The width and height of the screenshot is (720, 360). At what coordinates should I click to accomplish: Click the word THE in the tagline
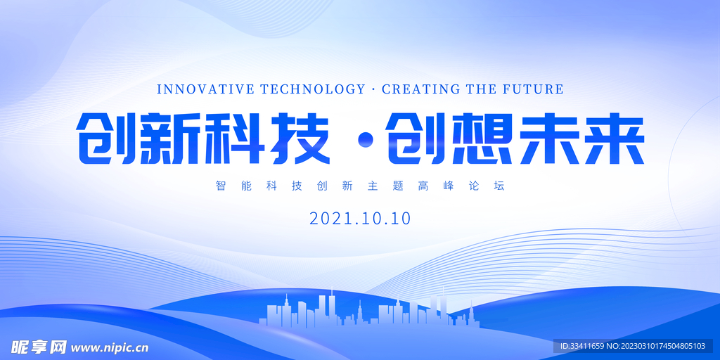click(x=482, y=89)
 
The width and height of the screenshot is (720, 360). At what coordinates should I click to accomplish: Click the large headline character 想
click(x=477, y=140)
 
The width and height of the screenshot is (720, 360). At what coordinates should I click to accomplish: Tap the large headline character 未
click(x=543, y=140)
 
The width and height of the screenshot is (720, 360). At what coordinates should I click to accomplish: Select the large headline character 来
click(x=610, y=140)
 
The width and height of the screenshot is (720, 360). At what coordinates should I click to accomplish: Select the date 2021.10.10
click(x=360, y=218)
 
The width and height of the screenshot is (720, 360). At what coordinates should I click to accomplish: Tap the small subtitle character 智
click(x=221, y=186)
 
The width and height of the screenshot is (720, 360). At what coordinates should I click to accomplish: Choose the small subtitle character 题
click(x=397, y=186)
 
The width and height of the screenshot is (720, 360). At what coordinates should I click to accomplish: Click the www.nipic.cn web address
click(x=110, y=347)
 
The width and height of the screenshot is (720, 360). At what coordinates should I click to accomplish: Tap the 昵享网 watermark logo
click(x=38, y=347)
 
